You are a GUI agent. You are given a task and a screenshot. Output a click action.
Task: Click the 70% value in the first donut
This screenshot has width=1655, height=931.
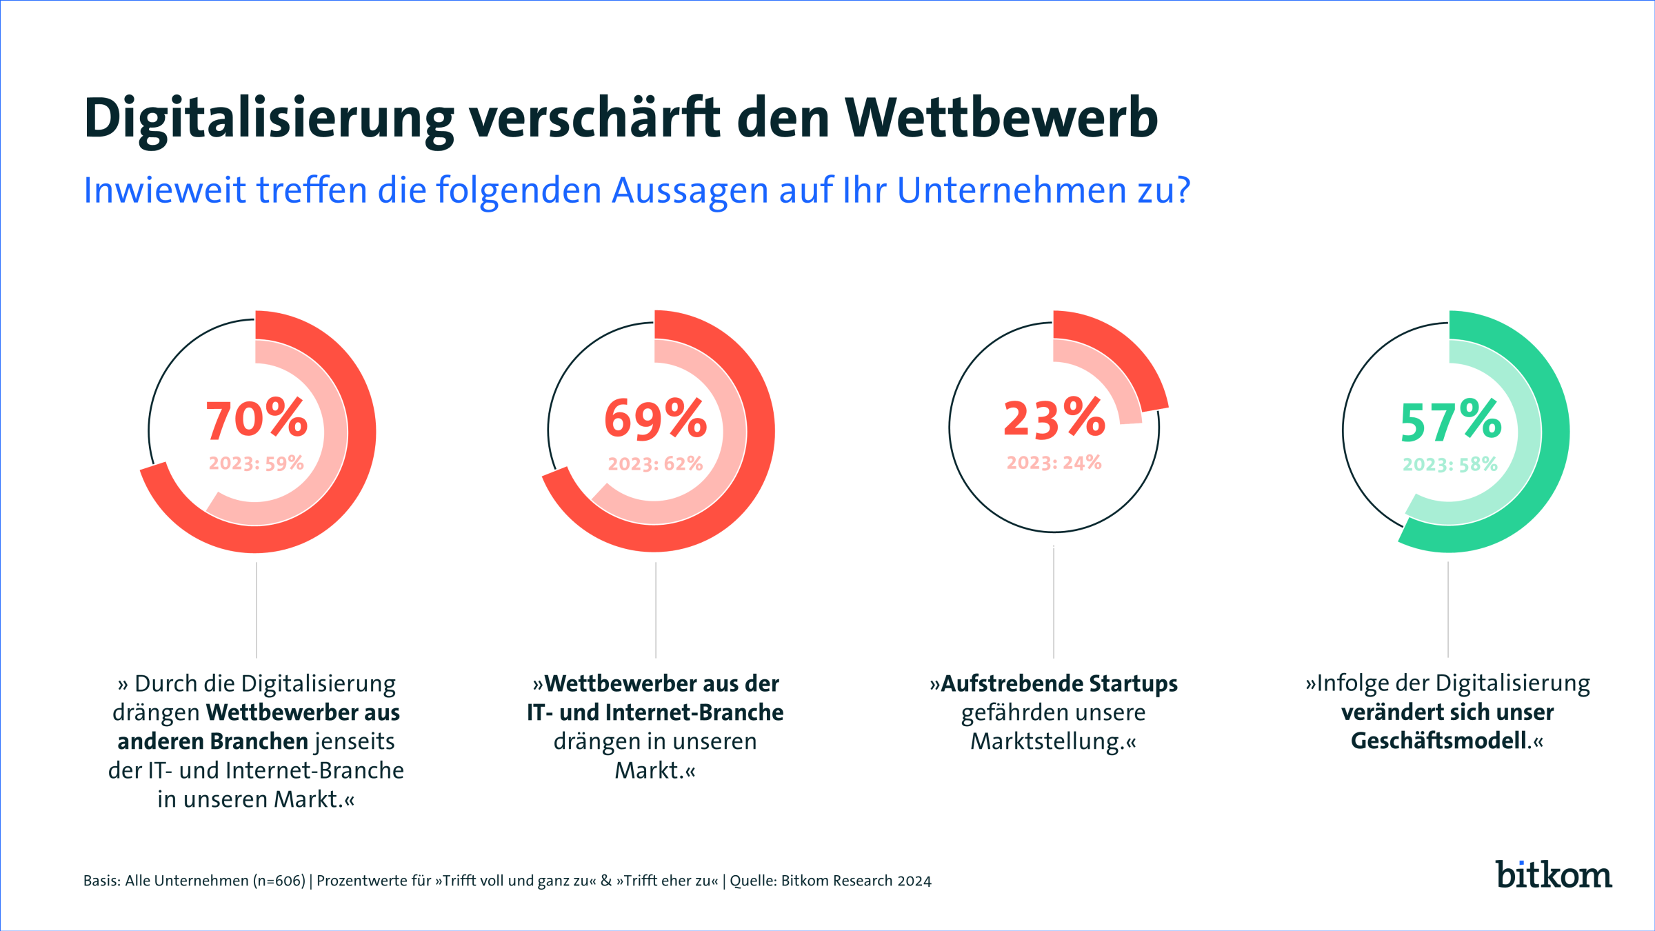click(x=257, y=419)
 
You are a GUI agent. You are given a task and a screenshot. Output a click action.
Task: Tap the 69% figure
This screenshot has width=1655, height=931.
click(x=655, y=419)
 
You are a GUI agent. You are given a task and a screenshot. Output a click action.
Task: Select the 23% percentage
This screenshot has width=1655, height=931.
click(x=1054, y=419)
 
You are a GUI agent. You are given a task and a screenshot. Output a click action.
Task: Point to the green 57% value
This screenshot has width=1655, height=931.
click(x=1450, y=420)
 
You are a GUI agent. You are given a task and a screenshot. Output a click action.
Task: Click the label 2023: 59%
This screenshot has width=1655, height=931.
click(x=257, y=463)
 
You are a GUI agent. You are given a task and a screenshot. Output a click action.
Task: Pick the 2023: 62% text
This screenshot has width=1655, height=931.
click(x=655, y=463)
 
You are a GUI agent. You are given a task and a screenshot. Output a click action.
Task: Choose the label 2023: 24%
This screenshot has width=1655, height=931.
click(x=1054, y=462)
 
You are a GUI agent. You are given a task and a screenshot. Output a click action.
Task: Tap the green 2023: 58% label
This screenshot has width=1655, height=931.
click(x=1450, y=464)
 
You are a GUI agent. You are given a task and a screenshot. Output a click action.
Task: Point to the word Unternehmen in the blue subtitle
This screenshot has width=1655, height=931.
click(x=1012, y=190)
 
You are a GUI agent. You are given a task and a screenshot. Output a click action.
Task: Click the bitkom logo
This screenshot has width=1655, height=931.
click(x=1553, y=874)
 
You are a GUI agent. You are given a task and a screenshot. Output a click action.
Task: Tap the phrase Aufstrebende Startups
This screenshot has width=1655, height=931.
click(x=1059, y=683)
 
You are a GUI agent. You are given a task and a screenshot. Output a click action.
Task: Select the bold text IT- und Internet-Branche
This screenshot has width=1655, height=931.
click(x=655, y=712)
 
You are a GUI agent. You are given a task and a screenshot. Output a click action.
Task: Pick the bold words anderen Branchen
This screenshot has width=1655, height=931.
click(x=212, y=741)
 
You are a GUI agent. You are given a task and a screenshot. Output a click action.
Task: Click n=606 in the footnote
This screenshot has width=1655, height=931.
click(x=279, y=881)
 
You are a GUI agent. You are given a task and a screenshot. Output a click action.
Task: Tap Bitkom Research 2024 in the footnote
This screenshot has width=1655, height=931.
click(x=856, y=881)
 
